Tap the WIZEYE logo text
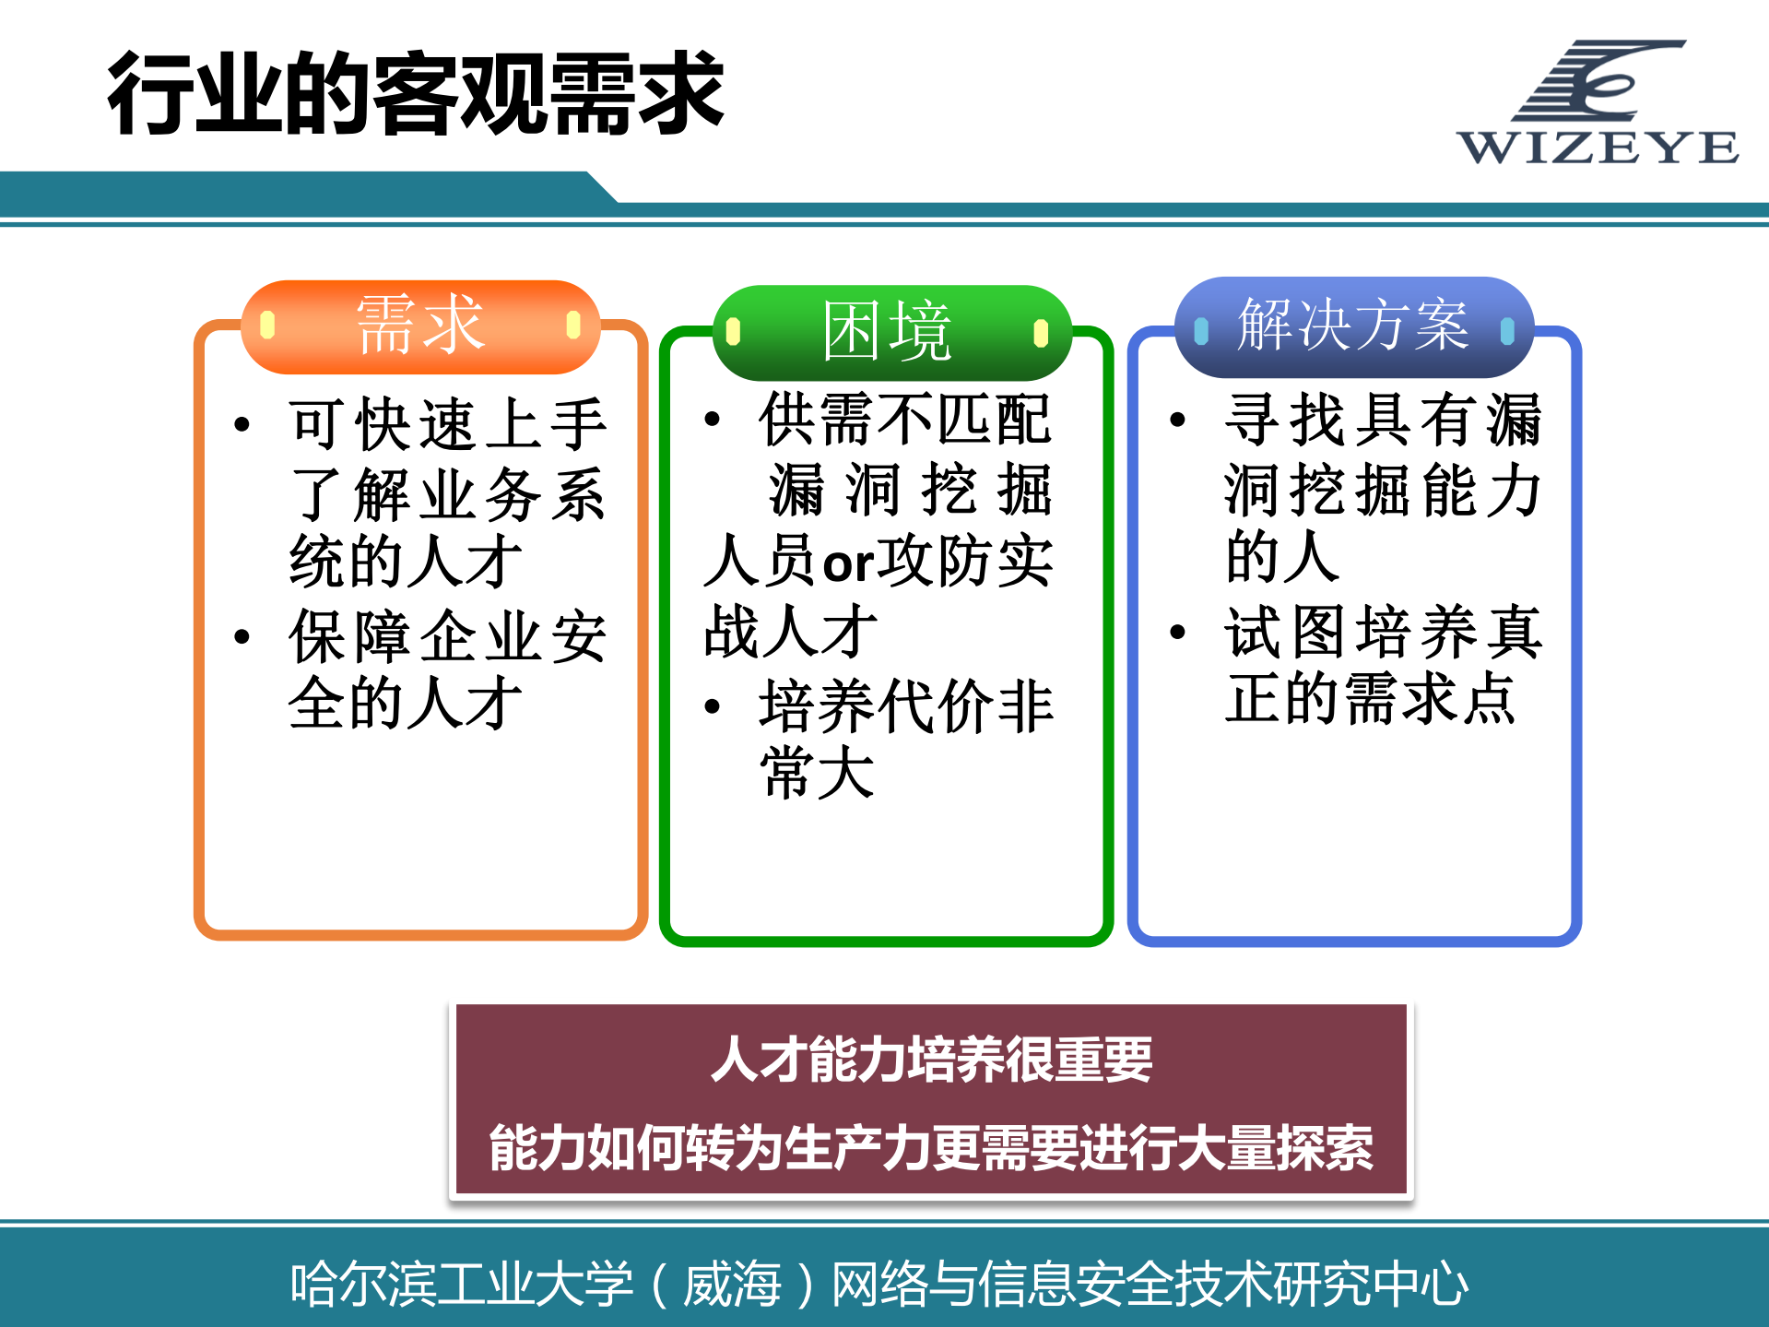click(x=1598, y=148)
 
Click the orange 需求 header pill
click(x=420, y=326)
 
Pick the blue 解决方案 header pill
click(x=1352, y=326)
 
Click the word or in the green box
click(x=847, y=563)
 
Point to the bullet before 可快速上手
click(x=242, y=424)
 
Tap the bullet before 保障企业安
click(x=242, y=636)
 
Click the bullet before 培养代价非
click(x=712, y=707)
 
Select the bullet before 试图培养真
click(x=1177, y=632)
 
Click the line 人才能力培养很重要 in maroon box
click(x=931, y=1059)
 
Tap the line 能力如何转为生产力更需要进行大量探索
click(x=931, y=1148)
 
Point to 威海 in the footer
click(x=732, y=1284)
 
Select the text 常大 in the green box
click(x=817, y=773)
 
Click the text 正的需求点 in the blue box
click(x=1370, y=698)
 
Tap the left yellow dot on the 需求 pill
click(x=268, y=325)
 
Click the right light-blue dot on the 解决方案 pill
click(x=1507, y=330)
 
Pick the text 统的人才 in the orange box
click(x=406, y=561)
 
